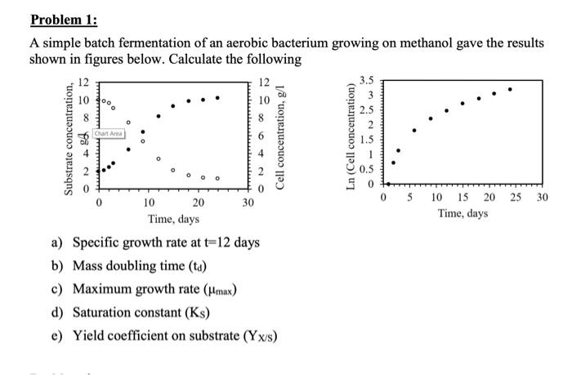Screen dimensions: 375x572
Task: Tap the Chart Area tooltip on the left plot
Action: point(109,133)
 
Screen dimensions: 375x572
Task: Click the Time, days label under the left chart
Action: point(174,219)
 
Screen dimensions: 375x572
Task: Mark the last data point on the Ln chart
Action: point(510,89)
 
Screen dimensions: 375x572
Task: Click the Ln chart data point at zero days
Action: point(387,184)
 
